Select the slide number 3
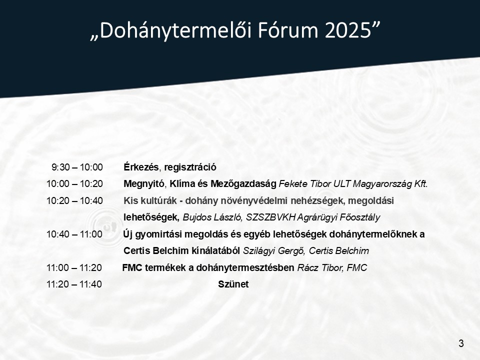pyautogui.click(x=461, y=343)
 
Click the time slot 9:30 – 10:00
pyautogui.click(x=77, y=167)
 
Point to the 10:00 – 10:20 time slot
pyautogui.click(x=74, y=183)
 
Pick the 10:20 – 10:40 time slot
pyautogui.click(x=74, y=201)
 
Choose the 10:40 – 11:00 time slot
pyautogui.click(x=74, y=234)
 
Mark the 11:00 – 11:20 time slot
pyautogui.click(x=74, y=267)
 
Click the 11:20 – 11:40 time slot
pyautogui.click(x=74, y=284)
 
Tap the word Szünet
pyautogui.click(x=233, y=284)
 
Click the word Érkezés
pyautogui.click(x=141, y=167)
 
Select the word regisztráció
pyautogui.click(x=190, y=167)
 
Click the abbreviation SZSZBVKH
pyautogui.click(x=270, y=217)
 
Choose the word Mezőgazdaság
pyautogui.click(x=243, y=183)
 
